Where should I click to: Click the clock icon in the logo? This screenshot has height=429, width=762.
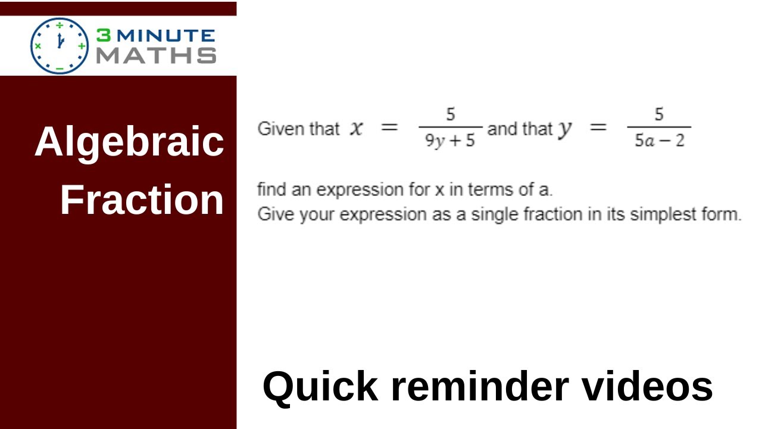coord(60,45)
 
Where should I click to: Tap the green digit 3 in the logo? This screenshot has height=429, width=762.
coord(103,36)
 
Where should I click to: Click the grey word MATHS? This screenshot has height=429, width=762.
coord(156,55)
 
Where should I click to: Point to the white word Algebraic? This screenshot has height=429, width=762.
coord(129,143)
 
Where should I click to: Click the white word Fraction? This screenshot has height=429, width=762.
coord(142,200)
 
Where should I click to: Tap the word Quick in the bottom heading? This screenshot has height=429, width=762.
coord(320,387)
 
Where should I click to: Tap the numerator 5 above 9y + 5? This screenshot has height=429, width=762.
coord(451,114)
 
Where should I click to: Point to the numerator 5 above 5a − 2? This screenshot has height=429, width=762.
coord(659,114)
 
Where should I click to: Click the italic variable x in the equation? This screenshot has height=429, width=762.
coord(356,128)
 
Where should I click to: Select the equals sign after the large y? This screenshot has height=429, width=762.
coord(598,128)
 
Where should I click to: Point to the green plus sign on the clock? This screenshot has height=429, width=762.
coord(82,45)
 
